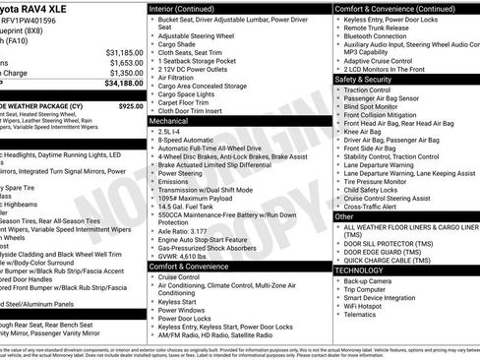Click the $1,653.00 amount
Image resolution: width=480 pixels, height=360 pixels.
(x=122, y=62)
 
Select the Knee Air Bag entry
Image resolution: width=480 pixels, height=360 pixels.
(x=366, y=131)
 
